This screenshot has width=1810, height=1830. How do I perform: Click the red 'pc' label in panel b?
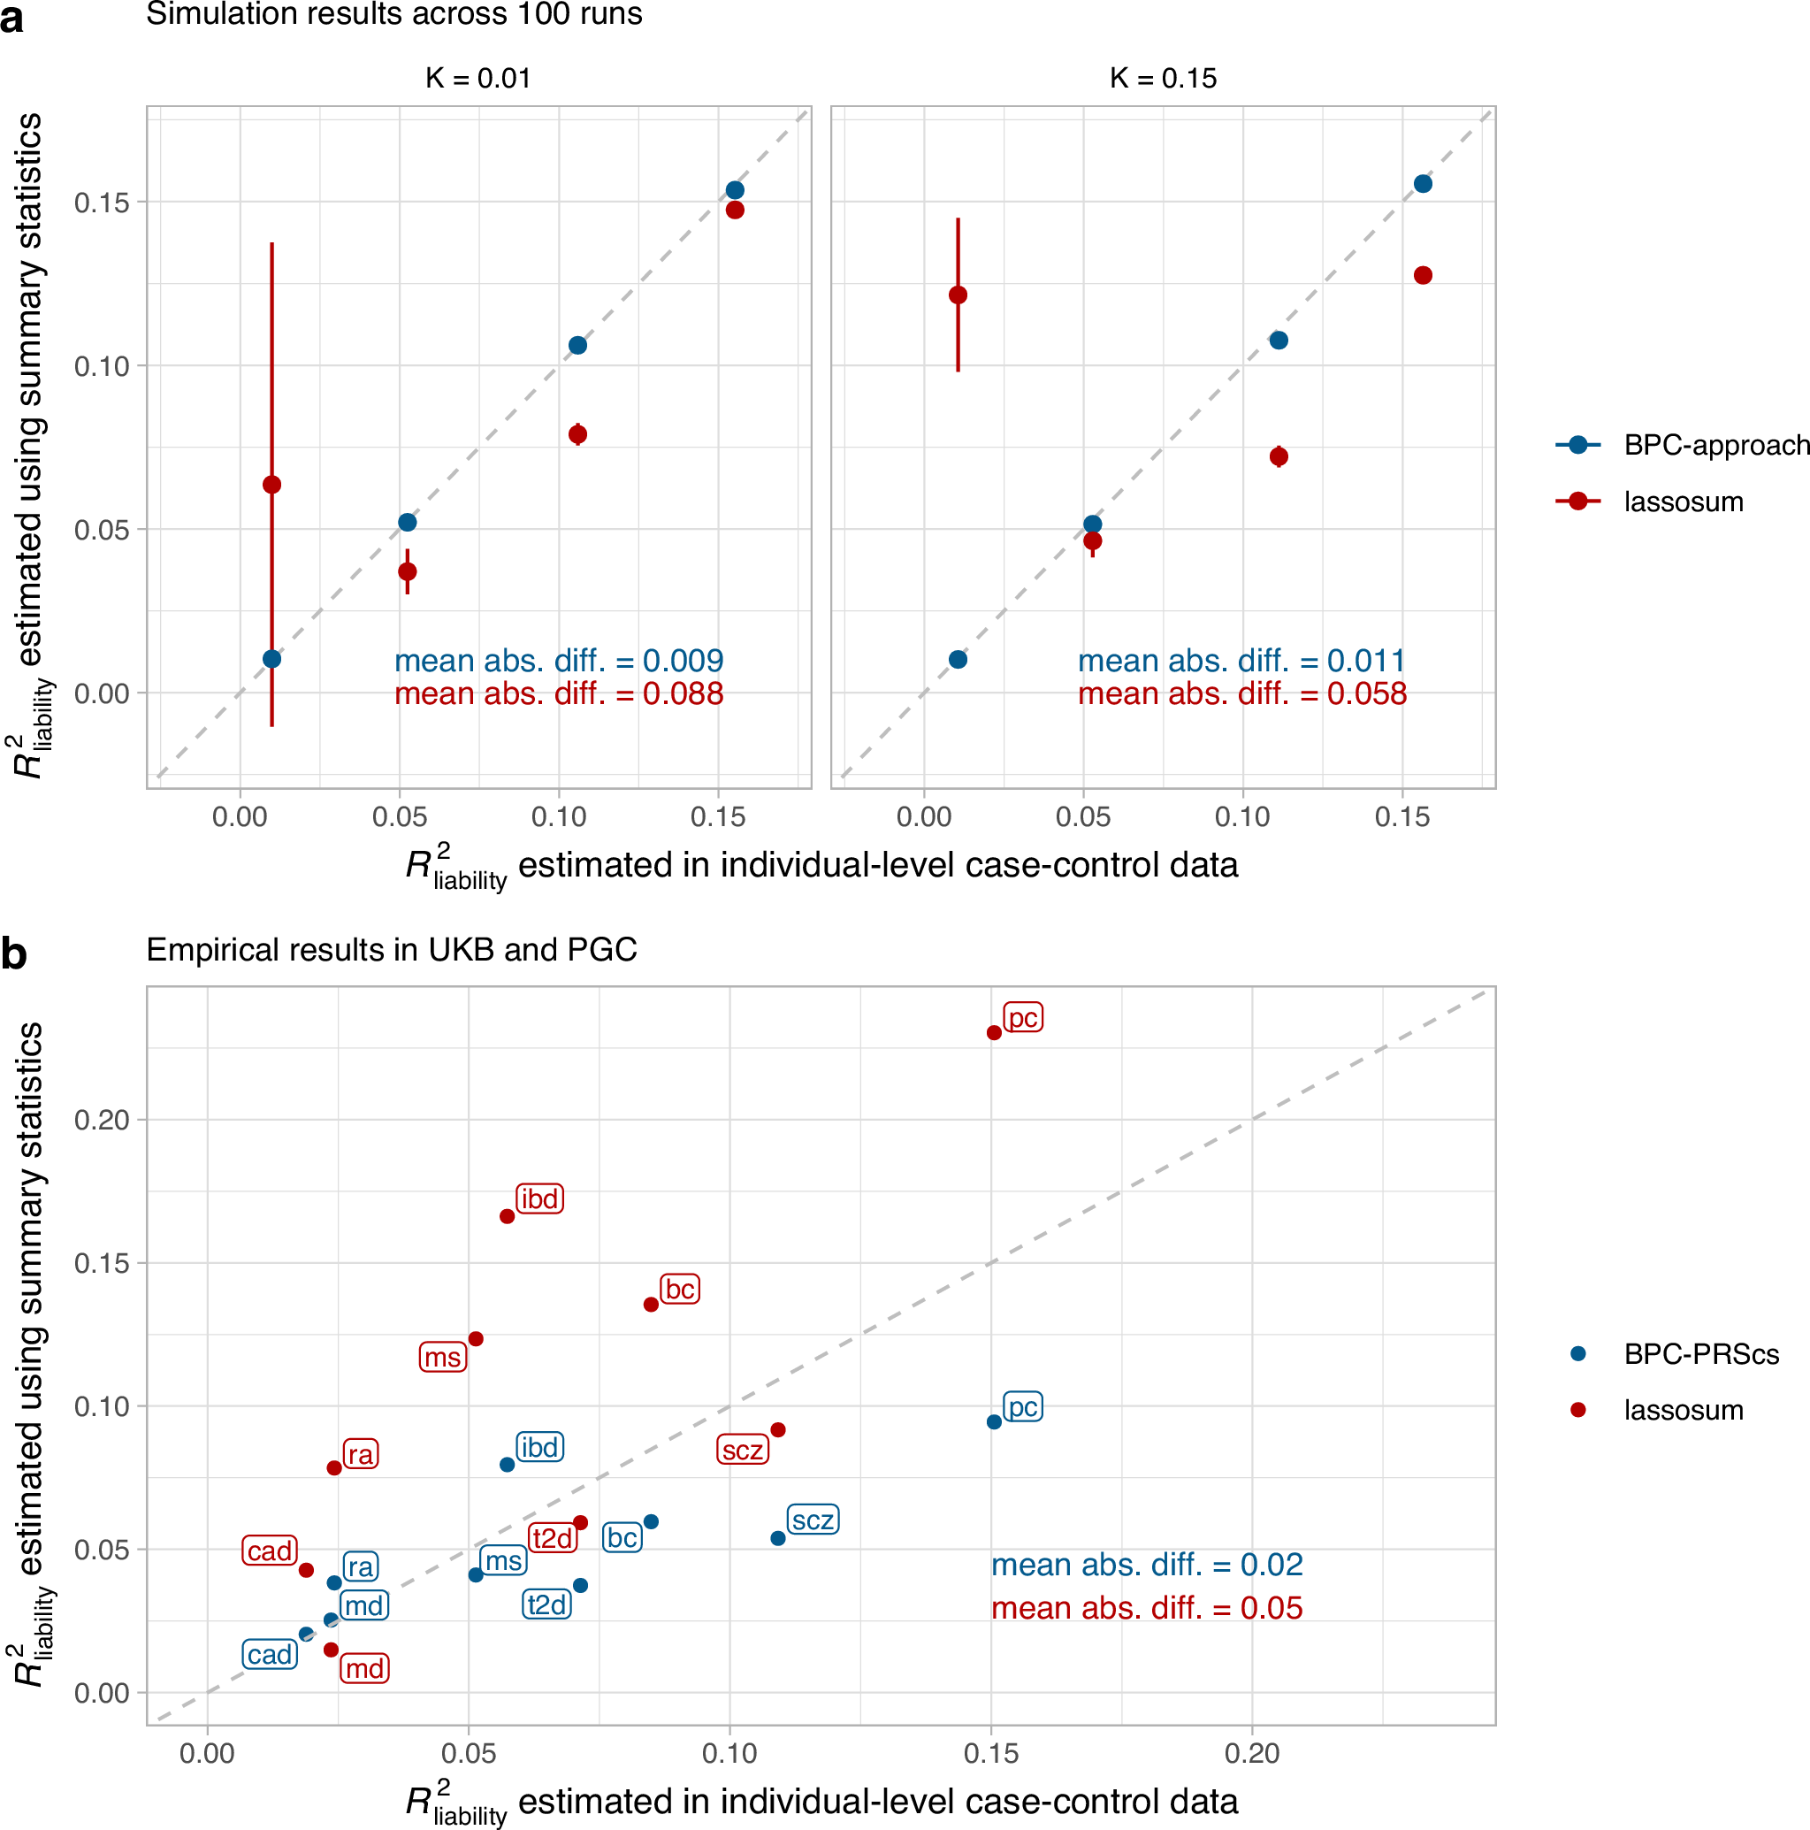(1022, 1018)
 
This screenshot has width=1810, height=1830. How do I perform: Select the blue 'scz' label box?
(813, 1520)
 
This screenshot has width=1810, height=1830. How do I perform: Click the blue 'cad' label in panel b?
(270, 1655)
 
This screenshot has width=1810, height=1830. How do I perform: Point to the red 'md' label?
(364, 1668)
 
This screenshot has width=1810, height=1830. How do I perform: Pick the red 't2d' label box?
(552, 1537)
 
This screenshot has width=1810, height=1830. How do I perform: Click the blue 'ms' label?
(503, 1560)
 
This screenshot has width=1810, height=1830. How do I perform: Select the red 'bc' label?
(679, 1290)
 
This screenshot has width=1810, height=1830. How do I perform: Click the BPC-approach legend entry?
(1682, 445)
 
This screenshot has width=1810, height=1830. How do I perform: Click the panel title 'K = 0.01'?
(478, 79)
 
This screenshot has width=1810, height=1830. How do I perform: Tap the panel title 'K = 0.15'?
(1162, 79)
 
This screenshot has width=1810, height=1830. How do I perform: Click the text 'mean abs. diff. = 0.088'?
(559, 694)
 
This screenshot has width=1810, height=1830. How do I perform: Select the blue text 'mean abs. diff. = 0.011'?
(1241, 661)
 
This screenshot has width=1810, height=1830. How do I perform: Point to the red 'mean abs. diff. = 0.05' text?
(1146, 1607)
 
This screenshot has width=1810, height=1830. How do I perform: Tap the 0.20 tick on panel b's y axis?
(102, 1120)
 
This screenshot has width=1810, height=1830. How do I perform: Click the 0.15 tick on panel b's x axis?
(990, 1753)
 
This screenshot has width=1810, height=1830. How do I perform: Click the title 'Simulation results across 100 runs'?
(394, 14)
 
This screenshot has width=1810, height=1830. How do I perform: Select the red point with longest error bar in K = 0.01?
(271, 485)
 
